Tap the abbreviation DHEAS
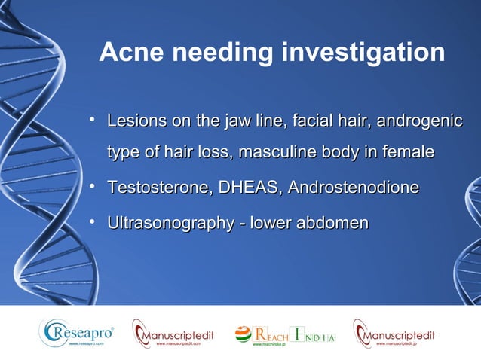tap(245, 188)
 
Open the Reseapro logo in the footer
tap(77, 331)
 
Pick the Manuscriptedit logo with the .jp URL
tap(394, 332)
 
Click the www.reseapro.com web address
tap(86, 343)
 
